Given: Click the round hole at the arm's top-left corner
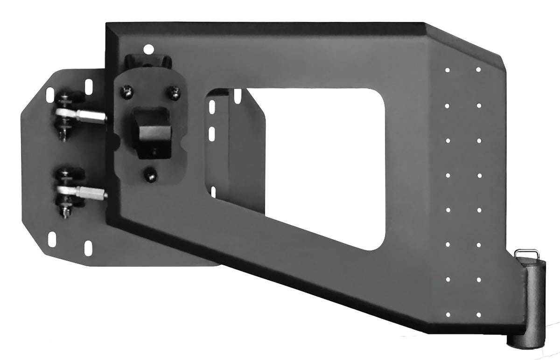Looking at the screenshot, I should coord(148,48).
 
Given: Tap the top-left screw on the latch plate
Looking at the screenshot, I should coord(125,92).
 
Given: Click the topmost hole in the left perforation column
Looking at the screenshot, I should coord(447,70).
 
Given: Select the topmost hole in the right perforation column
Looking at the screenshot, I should coord(478,70).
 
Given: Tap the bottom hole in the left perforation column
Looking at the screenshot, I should coord(447,313).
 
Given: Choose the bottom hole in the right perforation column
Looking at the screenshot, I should coord(479,313).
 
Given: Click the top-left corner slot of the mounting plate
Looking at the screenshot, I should coord(49,94).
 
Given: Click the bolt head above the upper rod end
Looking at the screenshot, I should coord(64,98).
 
